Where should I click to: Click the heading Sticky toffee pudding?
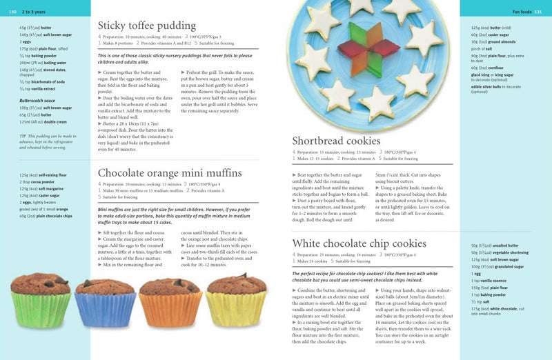pos(147,26)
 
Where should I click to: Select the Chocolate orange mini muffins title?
pos(170,172)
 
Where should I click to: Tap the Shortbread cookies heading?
pos(336,141)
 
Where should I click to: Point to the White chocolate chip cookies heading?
pos(359,243)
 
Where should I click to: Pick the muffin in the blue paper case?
pos(104,301)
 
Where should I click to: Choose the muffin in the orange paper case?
pos(169,301)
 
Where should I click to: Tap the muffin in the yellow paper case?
pos(235,301)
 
